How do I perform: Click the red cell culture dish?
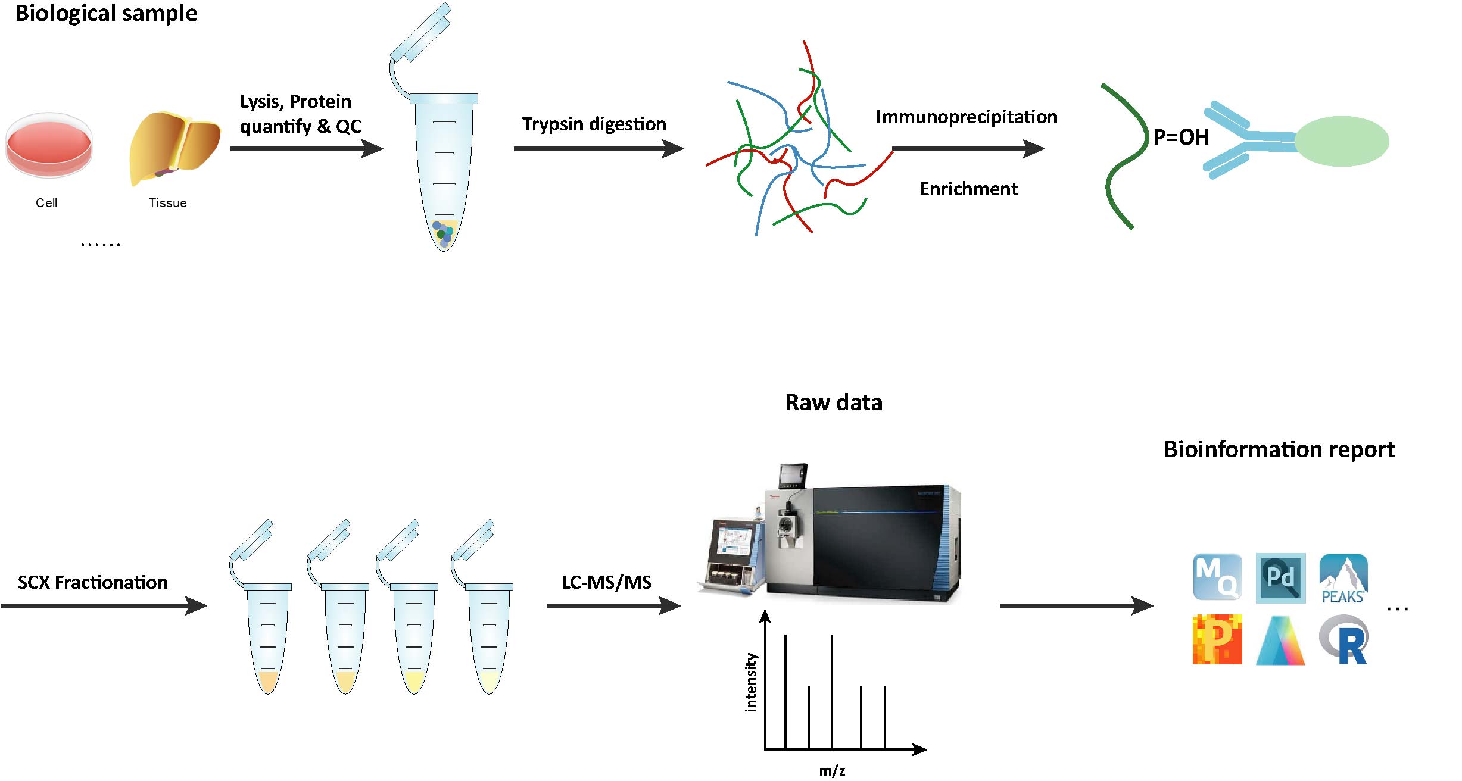click(x=49, y=145)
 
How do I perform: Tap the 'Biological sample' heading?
click(x=106, y=13)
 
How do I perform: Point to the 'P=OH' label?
click(x=1180, y=138)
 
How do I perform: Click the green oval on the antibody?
click(x=1341, y=141)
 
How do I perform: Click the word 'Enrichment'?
click(x=968, y=189)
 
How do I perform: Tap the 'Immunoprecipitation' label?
click(x=966, y=117)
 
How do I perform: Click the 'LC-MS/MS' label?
click(x=606, y=582)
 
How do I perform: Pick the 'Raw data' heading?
click(x=833, y=402)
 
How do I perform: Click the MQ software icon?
click(x=1217, y=577)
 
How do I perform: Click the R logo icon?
click(x=1344, y=640)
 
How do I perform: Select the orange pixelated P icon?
click(x=1217, y=639)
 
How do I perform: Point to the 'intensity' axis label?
click(x=750, y=682)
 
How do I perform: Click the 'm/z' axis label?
click(x=831, y=770)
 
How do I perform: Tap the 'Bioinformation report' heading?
click(x=1279, y=449)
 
